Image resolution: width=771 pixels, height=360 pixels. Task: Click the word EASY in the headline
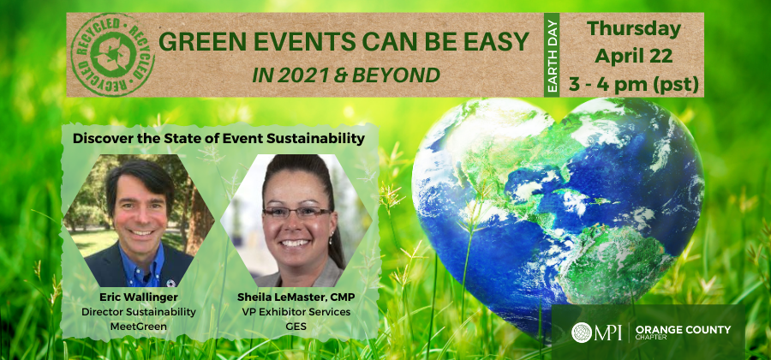point(493,43)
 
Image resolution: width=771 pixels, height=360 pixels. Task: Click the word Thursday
point(634,28)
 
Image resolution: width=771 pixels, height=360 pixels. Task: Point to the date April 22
point(634,56)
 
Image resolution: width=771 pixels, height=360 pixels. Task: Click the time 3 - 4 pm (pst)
point(634,83)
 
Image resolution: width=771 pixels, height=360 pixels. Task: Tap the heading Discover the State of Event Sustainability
point(218,137)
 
